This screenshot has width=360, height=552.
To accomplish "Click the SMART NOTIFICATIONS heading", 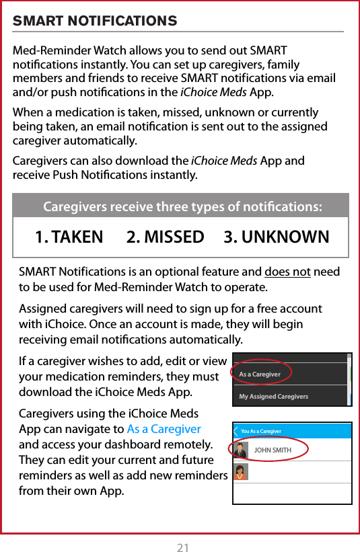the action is pos(95,21).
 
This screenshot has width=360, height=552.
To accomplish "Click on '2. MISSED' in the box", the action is pos(165,237).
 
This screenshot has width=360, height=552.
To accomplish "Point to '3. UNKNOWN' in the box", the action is pos(277,237).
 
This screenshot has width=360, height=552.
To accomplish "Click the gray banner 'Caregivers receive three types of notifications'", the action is pos(181,206).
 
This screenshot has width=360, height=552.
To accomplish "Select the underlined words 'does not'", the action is pos(287,272).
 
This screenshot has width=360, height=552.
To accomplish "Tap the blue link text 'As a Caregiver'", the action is pos(164,429).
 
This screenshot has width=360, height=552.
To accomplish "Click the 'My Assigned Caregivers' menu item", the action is pos(274,397).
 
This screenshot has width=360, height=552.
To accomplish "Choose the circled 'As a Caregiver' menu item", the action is pos(260,374).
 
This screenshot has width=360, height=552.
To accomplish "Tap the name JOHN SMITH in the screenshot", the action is pos(273,450).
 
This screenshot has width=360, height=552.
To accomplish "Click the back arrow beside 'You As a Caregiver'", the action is pos(236,431).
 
